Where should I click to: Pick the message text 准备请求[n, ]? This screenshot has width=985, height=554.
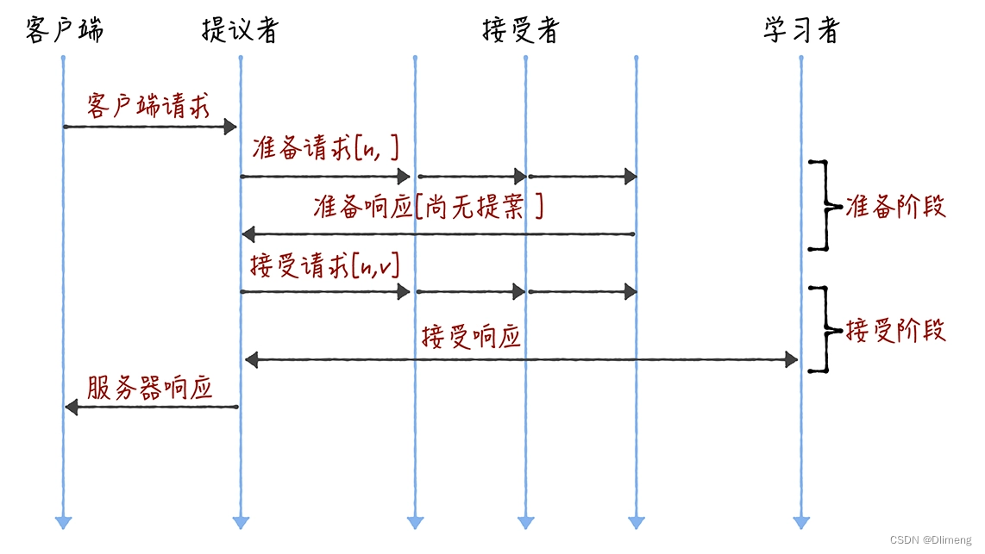[x=325, y=149]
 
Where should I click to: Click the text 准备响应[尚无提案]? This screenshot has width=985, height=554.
[x=429, y=207]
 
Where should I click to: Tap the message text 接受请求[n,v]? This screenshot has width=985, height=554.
[x=325, y=265]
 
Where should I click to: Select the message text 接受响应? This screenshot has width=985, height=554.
[x=471, y=336]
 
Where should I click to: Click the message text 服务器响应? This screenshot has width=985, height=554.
[x=149, y=389]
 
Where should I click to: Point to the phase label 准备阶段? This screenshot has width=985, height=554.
[x=896, y=207]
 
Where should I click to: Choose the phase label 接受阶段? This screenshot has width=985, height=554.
[x=896, y=331]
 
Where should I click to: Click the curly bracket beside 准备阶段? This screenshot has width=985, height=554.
[x=825, y=206]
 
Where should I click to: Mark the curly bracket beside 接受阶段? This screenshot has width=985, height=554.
[x=825, y=329]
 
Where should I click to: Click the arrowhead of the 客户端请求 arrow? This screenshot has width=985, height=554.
[x=230, y=128]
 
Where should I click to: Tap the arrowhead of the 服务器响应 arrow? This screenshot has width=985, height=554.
[x=72, y=407]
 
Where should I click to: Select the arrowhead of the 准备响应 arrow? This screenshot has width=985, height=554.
[x=249, y=233]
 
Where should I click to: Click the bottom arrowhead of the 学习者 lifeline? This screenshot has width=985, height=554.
[x=801, y=522]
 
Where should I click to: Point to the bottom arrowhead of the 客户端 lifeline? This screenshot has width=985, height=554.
[x=63, y=522]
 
